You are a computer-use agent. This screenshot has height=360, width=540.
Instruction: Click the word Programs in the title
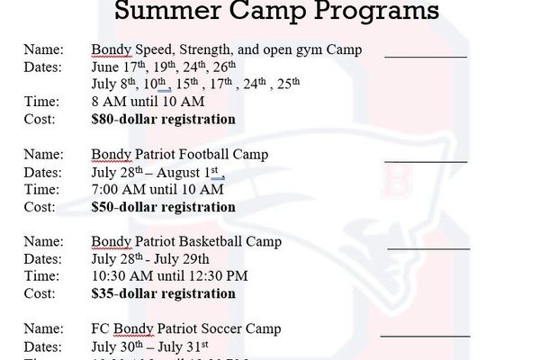click(376, 11)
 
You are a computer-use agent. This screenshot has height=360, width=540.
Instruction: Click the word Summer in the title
click(167, 10)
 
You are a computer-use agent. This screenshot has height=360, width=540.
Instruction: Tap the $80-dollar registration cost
click(164, 119)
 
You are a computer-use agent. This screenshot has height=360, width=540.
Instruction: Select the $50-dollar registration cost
click(164, 207)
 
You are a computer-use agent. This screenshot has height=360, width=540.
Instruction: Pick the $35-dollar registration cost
click(164, 293)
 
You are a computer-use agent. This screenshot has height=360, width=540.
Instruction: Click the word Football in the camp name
click(206, 154)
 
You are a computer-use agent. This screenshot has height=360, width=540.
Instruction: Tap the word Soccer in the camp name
click(221, 328)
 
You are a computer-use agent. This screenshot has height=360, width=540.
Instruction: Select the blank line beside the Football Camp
click(426, 161)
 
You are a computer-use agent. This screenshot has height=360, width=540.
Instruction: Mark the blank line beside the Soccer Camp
click(426, 336)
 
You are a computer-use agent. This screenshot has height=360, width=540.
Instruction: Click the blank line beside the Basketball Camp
click(428, 248)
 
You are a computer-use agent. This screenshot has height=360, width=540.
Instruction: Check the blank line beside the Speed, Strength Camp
click(426, 56)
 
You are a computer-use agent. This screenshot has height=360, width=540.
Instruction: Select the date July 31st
click(183, 346)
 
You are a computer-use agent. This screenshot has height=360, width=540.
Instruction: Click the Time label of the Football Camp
click(41, 190)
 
